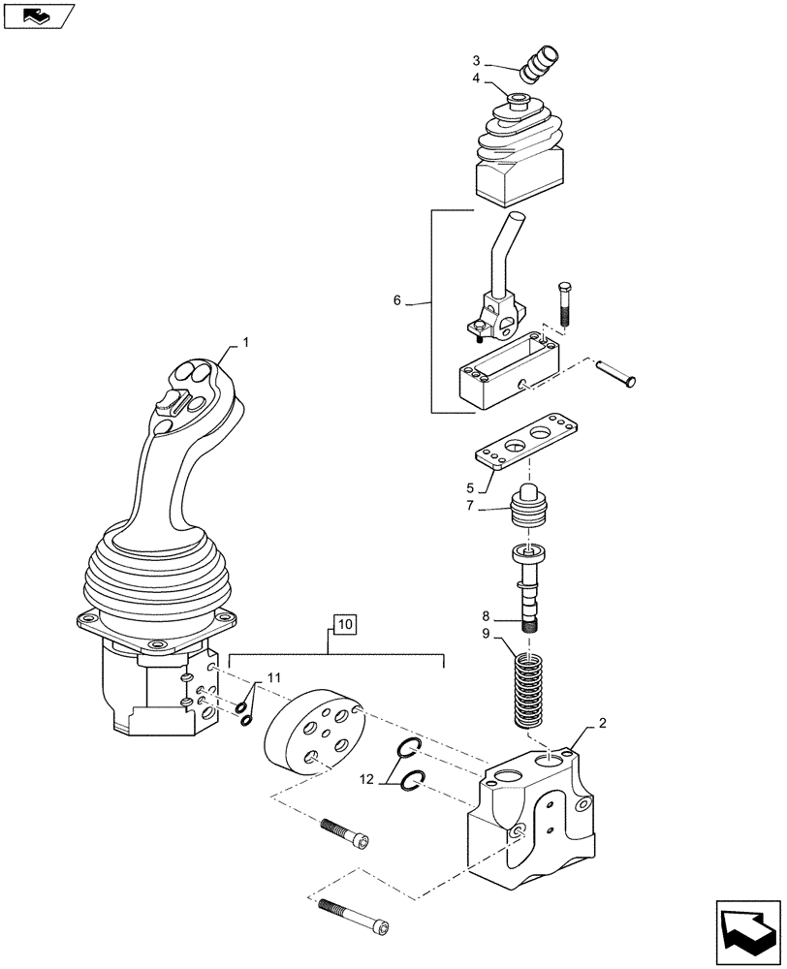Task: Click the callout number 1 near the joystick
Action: coord(246,343)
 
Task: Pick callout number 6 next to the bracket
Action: coord(397,301)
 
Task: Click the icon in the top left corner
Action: coord(38,16)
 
